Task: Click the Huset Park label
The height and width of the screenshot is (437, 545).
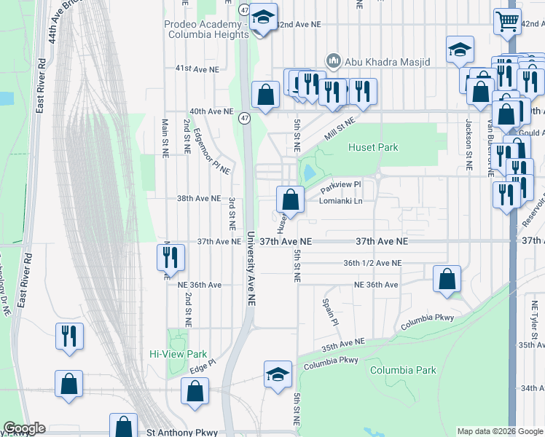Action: pyautogui.click(x=373, y=147)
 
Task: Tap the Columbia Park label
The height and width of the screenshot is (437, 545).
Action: pyautogui.click(x=403, y=370)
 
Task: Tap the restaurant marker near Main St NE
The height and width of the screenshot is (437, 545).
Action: pyautogui.click(x=170, y=258)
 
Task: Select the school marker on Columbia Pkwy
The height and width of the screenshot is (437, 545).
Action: pyautogui.click(x=278, y=374)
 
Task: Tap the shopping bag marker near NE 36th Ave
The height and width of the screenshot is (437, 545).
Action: pyautogui.click(x=447, y=279)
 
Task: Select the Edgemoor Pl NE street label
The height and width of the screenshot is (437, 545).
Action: pyautogui.click(x=212, y=151)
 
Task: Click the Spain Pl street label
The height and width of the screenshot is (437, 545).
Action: pyautogui.click(x=328, y=311)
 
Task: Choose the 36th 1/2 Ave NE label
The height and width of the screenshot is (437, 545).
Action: pyautogui.click(x=372, y=263)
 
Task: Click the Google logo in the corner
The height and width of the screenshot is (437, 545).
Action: pyautogui.click(x=24, y=428)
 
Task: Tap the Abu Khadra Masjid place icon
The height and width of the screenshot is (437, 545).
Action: pyautogui.click(x=334, y=60)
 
